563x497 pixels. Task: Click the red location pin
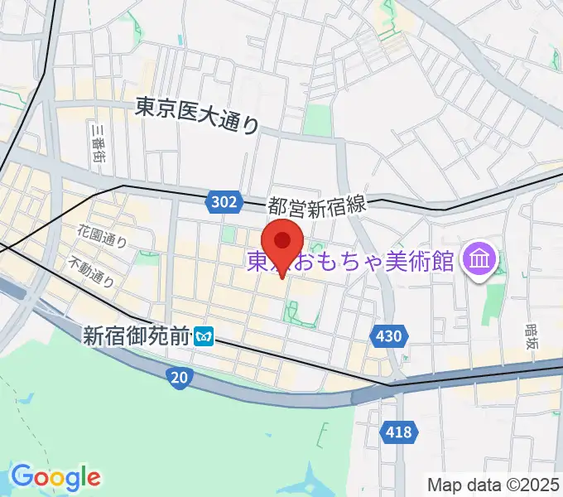coord(283,242)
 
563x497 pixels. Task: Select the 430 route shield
coord(392,335)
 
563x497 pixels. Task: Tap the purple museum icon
coord(479,261)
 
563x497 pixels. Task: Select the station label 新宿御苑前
coord(137,335)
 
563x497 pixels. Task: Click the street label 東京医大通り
coord(197,115)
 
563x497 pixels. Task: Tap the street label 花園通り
coord(103,238)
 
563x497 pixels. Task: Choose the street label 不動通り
coord(91,271)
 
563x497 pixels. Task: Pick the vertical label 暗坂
coord(531,339)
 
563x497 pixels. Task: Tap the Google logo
coord(55,477)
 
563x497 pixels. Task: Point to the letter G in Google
coord(22,476)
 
